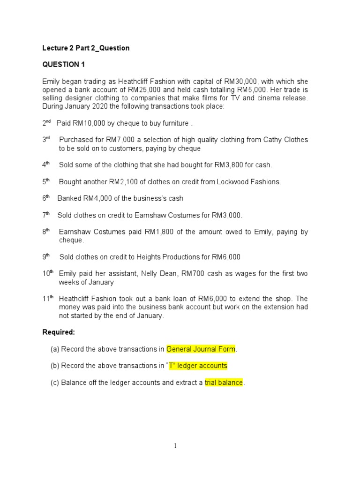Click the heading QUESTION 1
click(x=64, y=64)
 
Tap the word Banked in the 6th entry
click(x=69, y=198)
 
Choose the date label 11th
click(x=48, y=299)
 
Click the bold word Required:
click(x=59, y=332)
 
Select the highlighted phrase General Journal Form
click(x=201, y=349)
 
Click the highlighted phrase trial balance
click(x=224, y=382)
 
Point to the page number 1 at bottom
click(x=175, y=446)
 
